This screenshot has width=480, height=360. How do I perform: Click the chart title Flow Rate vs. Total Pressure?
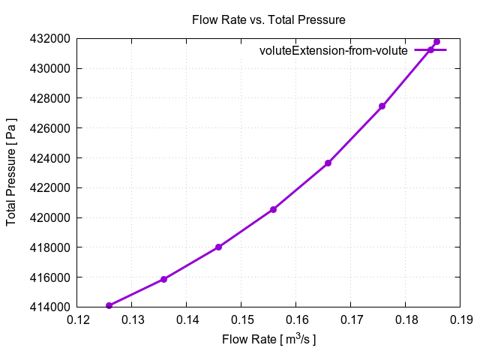coord(268,19)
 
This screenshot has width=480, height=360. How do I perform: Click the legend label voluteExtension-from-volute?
coord(333,51)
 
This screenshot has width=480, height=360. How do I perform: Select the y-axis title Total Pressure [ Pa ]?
coord(12,172)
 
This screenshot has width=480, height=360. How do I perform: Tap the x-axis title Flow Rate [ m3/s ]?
coord(268,340)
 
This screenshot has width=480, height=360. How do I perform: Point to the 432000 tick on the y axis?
coord(49,38)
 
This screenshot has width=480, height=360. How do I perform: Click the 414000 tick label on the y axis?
coord(49,307)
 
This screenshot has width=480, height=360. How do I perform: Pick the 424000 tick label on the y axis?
coord(49,157)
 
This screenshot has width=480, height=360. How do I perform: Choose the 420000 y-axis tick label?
coord(49,217)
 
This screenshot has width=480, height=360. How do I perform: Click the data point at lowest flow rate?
coord(109,305)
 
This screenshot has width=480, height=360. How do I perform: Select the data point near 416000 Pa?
coord(163,279)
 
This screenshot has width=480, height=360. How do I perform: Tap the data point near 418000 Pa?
coord(218,247)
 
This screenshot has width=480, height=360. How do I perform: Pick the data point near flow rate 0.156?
coord(273,209)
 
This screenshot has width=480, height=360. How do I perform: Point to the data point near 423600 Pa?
coord(328,163)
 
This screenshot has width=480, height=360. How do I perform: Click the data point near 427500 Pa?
coord(382,106)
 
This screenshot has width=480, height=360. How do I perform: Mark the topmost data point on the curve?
coord(436,41)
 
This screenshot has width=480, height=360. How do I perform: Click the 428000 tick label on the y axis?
coord(49,98)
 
